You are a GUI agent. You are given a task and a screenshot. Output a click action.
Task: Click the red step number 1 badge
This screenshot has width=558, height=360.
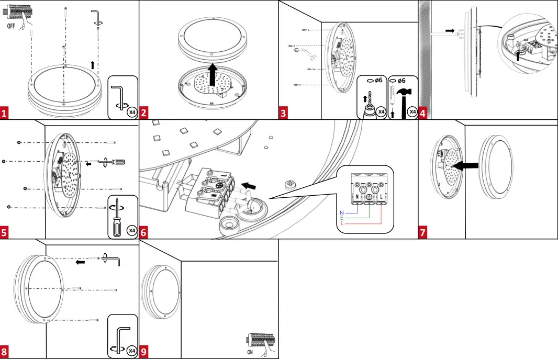click(x=5, y=113)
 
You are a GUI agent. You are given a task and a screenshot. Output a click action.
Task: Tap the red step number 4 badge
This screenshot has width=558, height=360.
click(x=422, y=113)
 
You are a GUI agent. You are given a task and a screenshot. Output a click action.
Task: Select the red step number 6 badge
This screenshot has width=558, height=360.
click(x=144, y=233)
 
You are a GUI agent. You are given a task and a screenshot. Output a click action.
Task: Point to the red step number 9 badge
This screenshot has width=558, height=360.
click(x=144, y=352)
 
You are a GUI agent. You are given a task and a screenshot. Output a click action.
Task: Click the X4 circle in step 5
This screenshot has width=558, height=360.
click(x=132, y=230)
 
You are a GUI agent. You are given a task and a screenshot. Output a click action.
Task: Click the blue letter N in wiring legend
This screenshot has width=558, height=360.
click(x=341, y=212)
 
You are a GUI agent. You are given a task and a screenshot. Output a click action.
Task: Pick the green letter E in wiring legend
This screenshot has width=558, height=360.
click(x=342, y=218)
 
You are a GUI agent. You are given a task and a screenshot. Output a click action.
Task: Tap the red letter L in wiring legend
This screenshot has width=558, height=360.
click(x=342, y=223)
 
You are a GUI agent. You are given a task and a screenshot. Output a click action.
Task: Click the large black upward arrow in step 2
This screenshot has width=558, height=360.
click(x=213, y=74)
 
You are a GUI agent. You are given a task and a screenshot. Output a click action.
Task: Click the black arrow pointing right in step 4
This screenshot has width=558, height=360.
click(x=450, y=31)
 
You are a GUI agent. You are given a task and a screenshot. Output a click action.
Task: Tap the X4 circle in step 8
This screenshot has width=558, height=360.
click(x=132, y=350)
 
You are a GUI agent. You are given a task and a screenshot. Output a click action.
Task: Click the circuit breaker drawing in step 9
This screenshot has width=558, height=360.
click(x=260, y=341)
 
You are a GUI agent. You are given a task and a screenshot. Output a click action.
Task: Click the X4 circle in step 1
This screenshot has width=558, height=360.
click(x=132, y=111)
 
